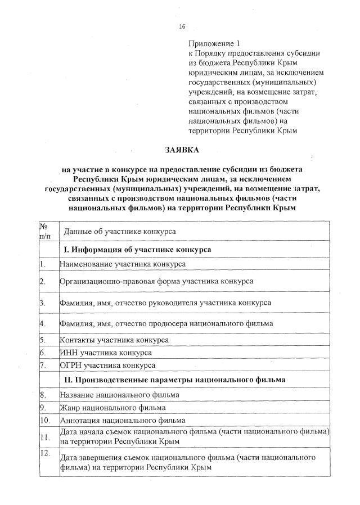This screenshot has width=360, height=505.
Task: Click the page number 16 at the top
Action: pos(182,27)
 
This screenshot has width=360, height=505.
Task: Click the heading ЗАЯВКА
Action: pos(182,150)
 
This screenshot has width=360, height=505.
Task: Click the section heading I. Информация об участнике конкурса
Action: pos(137,249)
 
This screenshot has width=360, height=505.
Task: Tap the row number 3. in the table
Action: pos(43,303)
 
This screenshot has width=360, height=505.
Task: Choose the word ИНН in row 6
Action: pos(69,353)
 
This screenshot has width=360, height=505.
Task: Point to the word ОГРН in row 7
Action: pos(71,366)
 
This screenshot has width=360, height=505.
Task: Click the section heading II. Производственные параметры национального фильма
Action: pos(175,380)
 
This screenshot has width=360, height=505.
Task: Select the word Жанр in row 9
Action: pos(70,407)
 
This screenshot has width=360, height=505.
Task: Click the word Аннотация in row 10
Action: pos(79,420)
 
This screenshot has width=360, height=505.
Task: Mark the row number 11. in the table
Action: pos(44,437)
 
